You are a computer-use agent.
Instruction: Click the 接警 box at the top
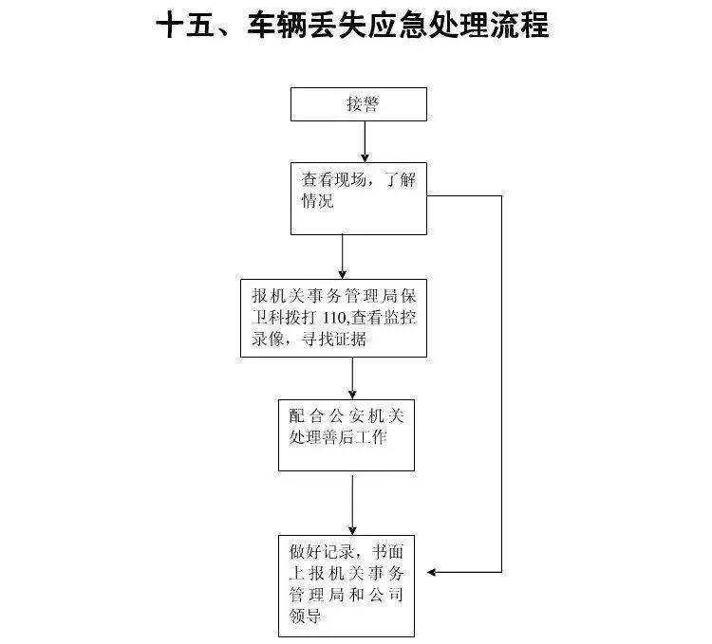click(x=358, y=103)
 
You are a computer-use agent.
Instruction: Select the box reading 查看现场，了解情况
click(x=358, y=198)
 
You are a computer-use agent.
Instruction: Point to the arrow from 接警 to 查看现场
click(x=365, y=141)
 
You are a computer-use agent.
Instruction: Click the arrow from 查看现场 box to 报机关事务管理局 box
click(x=343, y=255)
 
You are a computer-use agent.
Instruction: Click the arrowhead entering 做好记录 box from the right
click(x=435, y=572)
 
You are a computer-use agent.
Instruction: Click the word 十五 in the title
click(x=185, y=26)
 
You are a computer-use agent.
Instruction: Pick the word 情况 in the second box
click(x=317, y=201)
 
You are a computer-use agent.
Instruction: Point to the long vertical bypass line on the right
click(x=500, y=379)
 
